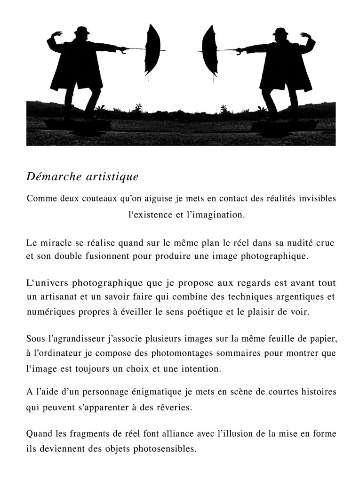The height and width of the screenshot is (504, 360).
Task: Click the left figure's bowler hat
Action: pos(83,31)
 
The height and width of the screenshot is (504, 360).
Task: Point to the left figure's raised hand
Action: pos(58,34)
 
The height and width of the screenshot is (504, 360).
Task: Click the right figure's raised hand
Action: pos(304,35)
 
